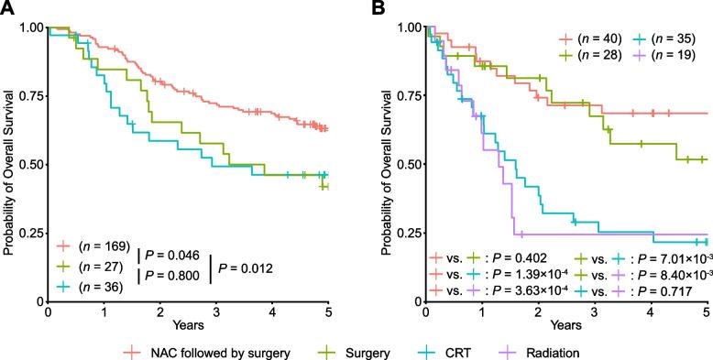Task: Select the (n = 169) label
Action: pyautogui.click(x=103, y=248)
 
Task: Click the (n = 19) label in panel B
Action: pyautogui.click(x=674, y=55)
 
